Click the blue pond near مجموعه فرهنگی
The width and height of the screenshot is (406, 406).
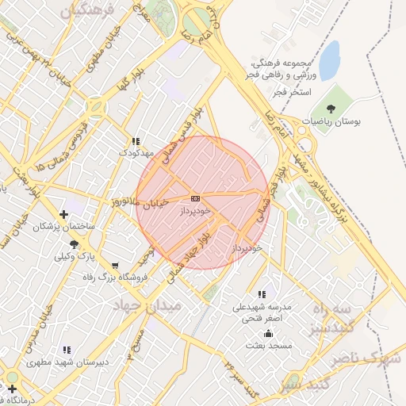328,55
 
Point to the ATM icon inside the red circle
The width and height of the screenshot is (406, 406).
195,198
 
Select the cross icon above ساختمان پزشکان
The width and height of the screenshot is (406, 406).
64,214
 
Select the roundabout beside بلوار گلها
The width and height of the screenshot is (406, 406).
97,105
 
